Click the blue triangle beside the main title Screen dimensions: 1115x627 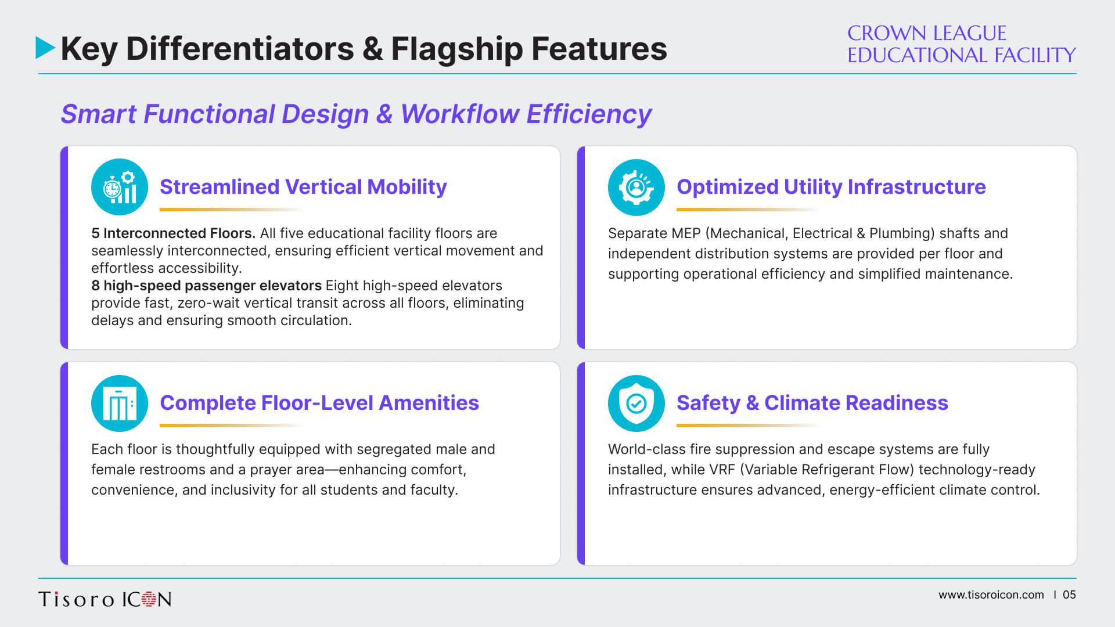[x=45, y=48]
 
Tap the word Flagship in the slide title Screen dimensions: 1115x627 [x=456, y=49]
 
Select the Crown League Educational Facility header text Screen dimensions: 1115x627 [x=961, y=44]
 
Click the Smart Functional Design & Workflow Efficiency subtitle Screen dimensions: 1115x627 [x=356, y=114]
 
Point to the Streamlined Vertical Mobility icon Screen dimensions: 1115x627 [x=120, y=187]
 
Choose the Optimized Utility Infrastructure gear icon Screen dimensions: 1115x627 [x=636, y=187]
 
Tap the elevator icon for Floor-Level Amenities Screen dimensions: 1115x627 [x=120, y=403]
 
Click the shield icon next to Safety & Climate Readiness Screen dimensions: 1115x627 [x=636, y=403]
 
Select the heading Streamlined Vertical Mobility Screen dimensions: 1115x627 [x=303, y=187]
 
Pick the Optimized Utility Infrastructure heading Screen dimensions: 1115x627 [x=831, y=187]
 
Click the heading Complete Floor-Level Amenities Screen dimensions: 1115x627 [x=319, y=403]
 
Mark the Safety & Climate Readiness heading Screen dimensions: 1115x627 [x=812, y=403]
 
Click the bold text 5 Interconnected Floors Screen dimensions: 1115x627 [x=173, y=233]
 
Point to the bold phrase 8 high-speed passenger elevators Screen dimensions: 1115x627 [x=206, y=286]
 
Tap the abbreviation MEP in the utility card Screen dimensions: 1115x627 [x=686, y=233]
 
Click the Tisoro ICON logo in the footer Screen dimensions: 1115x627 [x=105, y=599]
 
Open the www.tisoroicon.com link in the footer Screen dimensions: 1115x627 [x=991, y=595]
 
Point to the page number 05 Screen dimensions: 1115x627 [x=1069, y=595]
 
